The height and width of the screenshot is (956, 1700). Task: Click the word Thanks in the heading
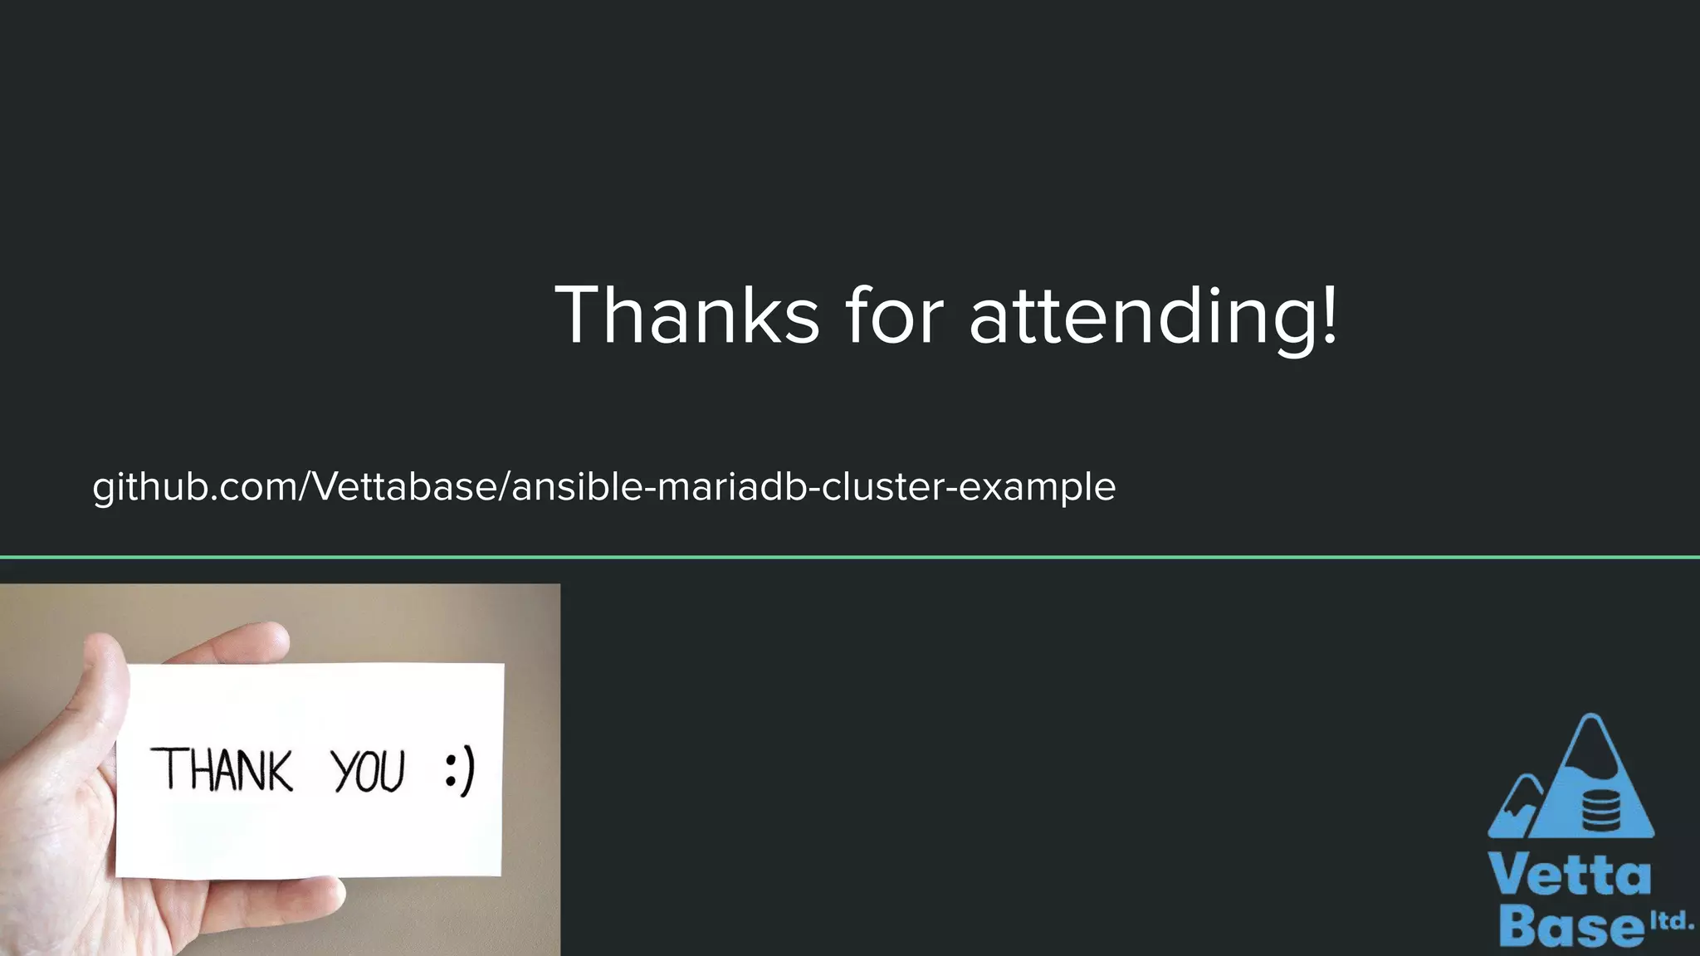point(687,315)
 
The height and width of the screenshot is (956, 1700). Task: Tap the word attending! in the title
point(1154,317)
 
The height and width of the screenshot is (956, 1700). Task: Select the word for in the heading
point(894,315)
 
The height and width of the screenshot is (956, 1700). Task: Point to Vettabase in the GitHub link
point(404,486)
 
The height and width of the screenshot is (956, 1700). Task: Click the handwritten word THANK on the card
point(222,770)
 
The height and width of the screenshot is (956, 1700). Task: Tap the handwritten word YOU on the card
point(369,771)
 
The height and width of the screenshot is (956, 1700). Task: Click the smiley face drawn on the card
point(460,771)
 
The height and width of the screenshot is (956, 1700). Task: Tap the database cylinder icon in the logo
point(1601,810)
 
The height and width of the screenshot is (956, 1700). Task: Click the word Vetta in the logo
point(1569,875)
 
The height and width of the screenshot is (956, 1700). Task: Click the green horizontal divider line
point(850,557)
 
